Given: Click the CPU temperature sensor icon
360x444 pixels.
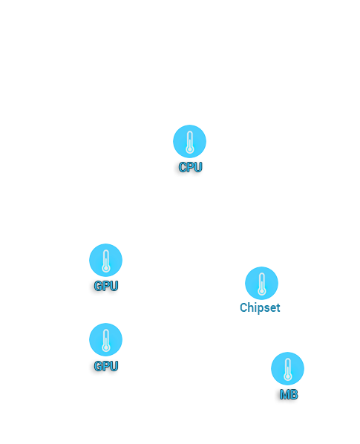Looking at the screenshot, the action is click(x=189, y=141).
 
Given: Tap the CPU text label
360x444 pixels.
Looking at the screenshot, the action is click(x=190, y=167).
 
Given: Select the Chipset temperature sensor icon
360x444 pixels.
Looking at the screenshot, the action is click(x=261, y=283).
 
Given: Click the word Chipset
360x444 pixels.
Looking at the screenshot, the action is click(x=260, y=308).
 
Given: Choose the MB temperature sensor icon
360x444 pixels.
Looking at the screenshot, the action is click(x=287, y=369).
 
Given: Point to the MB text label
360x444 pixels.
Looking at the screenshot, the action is click(x=289, y=394).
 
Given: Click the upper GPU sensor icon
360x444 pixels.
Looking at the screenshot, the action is click(x=105, y=260).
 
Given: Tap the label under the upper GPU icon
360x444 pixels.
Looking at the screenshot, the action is click(x=106, y=286).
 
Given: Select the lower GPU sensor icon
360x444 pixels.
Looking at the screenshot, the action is click(x=105, y=339).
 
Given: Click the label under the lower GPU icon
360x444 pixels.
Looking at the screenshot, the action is click(x=106, y=366).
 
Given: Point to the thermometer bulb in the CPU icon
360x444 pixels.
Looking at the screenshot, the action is click(x=189, y=149).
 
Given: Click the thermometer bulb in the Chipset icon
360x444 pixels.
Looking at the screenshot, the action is click(x=262, y=291).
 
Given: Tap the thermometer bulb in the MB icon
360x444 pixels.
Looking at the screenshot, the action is click(x=288, y=376).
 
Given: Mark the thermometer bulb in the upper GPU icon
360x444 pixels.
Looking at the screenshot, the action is click(x=106, y=268).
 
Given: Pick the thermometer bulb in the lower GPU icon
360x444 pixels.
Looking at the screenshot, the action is click(x=106, y=347).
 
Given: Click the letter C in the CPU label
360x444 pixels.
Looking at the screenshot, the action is click(x=183, y=167).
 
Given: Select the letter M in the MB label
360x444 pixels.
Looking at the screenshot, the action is click(x=285, y=394).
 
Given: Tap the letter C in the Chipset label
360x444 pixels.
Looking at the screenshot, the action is click(x=243, y=307).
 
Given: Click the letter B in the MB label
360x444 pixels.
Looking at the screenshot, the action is click(x=294, y=394).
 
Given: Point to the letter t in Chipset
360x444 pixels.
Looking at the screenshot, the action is click(x=278, y=308).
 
